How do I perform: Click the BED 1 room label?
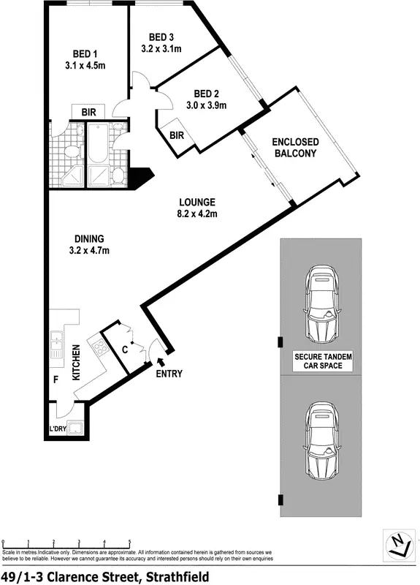click(x=85, y=54)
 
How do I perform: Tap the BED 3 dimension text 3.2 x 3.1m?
click(x=161, y=49)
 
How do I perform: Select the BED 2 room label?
click(x=206, y=93)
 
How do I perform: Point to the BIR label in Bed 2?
click(x=177, y=135)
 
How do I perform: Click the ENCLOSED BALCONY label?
click(x=294, y=147)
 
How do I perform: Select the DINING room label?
click(x=89, y=238)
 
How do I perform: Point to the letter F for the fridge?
click(x=55, y=380)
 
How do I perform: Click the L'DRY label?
click(x=57, y=429)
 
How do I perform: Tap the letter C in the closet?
click(x=125, y=350)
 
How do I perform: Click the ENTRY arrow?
click(x=161, y=358)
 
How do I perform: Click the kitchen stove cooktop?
click(x=98, y=345)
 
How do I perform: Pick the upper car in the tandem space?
click(x=322, y=304)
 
